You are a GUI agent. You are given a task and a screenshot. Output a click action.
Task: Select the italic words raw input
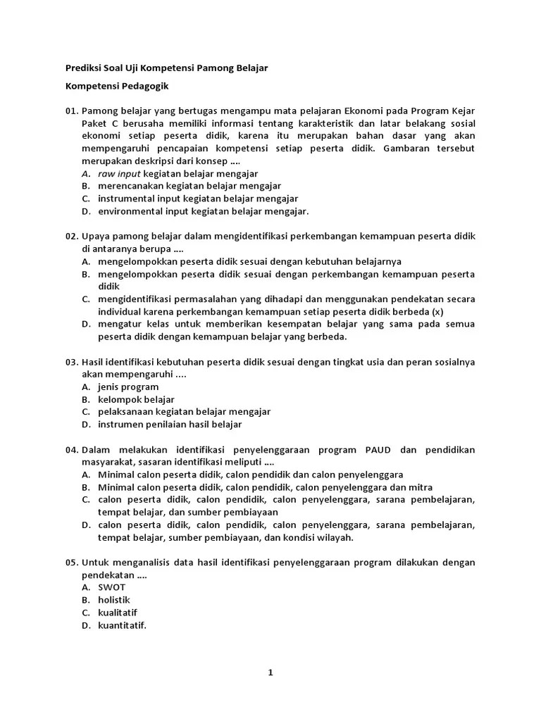(x=120, y=173)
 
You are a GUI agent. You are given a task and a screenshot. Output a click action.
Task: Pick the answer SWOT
(x=112, y=587)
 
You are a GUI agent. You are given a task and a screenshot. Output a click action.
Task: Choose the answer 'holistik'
(x=114, y=600)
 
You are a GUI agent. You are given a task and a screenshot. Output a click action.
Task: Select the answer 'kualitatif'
(x=118, y=613)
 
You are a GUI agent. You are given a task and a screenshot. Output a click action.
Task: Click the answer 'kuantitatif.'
(x=122, y=625)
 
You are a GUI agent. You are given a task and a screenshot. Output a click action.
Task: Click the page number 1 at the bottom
(x=270, y=672)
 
